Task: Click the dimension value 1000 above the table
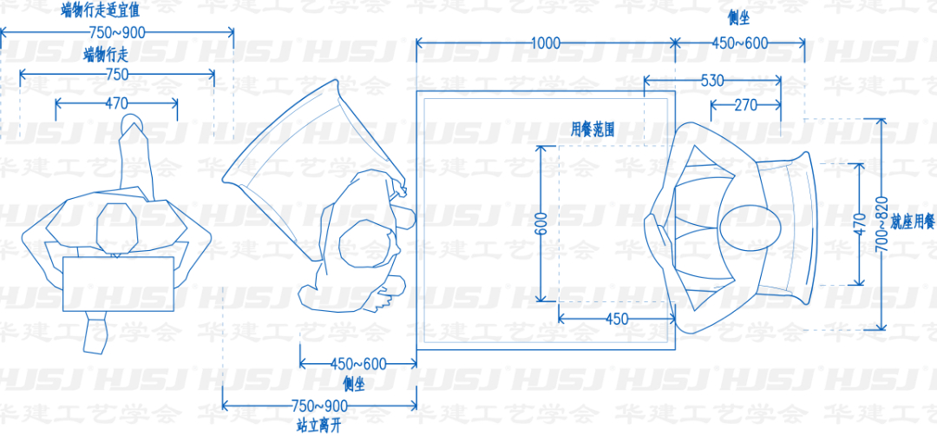pos(545,43)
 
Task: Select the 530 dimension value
pos(711,80)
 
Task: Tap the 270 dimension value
pos(744,105)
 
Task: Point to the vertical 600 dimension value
pos(541,225)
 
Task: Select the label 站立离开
pos(318,426)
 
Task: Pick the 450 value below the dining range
pos(617,320)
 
